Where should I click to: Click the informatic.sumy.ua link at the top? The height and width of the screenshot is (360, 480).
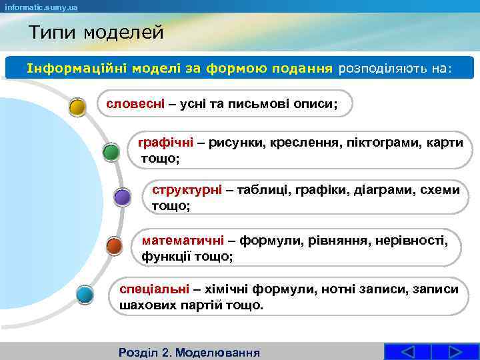click(x=41, y=7)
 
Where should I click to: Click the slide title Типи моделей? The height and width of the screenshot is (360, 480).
click(x=96, y=32)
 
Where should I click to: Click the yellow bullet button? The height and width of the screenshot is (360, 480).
click(x=78, y=107)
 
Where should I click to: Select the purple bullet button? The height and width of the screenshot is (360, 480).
click(x=122, y=197)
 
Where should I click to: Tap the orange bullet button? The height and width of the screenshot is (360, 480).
click(x=114, y=246)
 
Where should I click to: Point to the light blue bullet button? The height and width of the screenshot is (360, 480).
click(x=85, y=293)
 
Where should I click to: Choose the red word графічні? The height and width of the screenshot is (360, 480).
click(x=165, y=143)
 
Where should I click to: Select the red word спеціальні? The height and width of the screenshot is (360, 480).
click(x=154, y=289)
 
